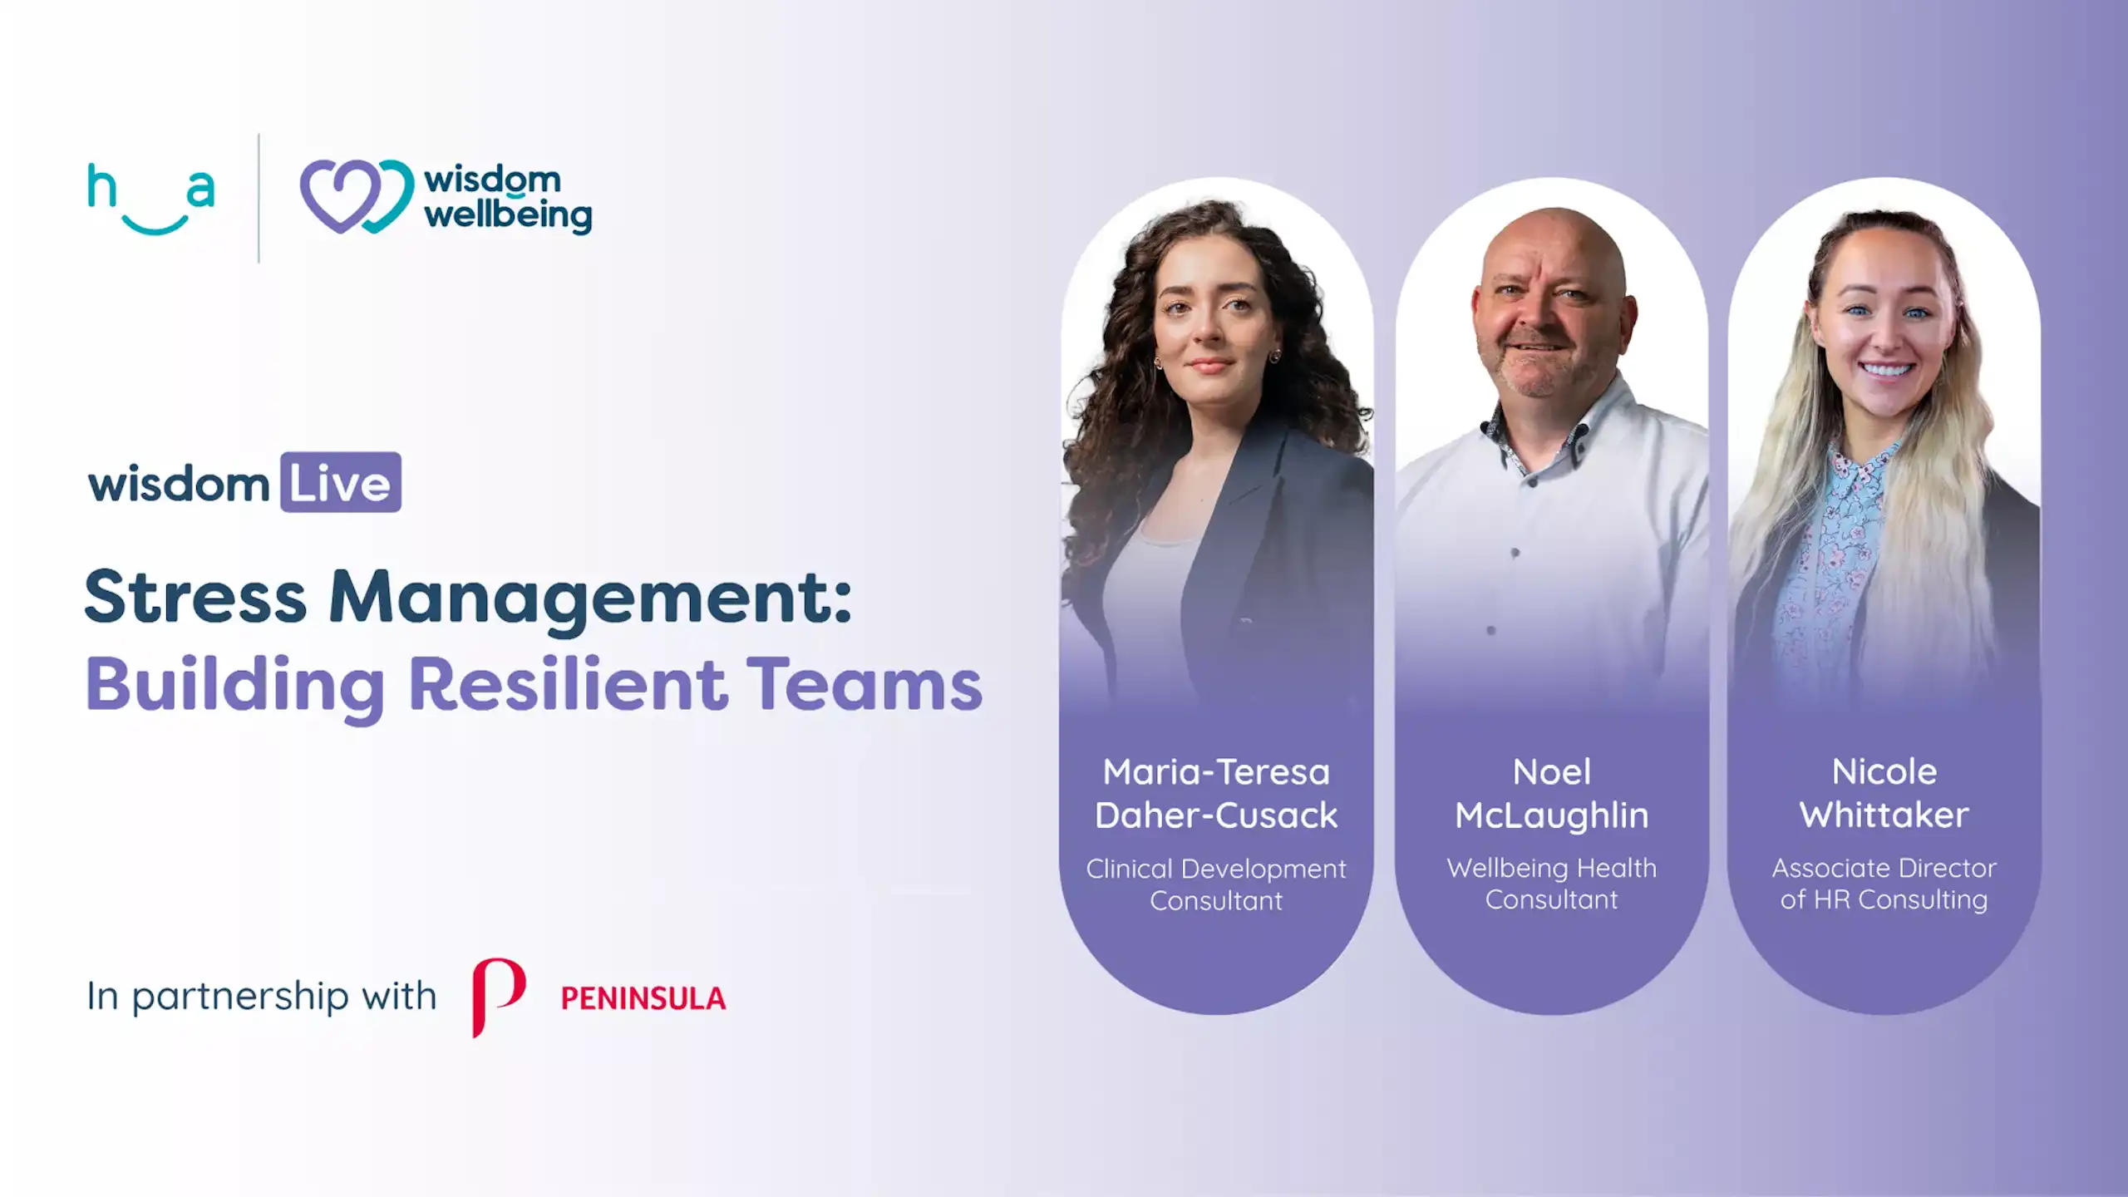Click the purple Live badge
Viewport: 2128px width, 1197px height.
(x=341, y=482)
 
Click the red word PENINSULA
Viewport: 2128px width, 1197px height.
(x=643, y=997)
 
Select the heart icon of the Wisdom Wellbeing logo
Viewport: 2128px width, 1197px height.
(x=356, y=196)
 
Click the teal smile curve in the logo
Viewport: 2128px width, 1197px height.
(x=154, y=224)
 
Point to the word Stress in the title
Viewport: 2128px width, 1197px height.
(x=195, y=596)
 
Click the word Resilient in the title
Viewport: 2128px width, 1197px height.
(x=568, y=684)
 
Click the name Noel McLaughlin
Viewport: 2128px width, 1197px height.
(x=1551, y=793)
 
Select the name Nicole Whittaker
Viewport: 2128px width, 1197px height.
(x=1884, y=793)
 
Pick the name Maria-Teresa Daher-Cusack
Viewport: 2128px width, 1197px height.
(x=1216, y=793)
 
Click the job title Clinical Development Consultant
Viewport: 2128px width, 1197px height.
(x=1216, y=884)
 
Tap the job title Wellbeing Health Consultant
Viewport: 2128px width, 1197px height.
(x=1551, y=883)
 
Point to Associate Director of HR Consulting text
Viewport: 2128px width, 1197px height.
(x=1884, y=883)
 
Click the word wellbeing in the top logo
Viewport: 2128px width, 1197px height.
(x=508, y=216)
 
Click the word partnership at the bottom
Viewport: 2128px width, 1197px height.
(x=240, y=996)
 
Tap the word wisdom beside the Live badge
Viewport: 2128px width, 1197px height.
(x=179, y=484)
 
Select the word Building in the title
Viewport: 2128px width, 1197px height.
(x=234, y=686)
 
